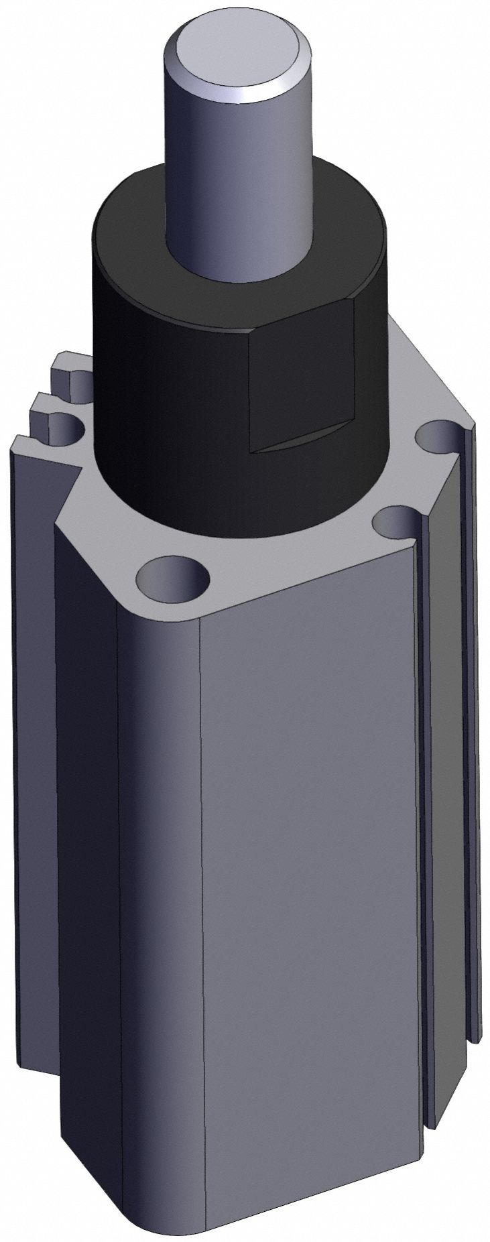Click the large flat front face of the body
pos(308,871)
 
